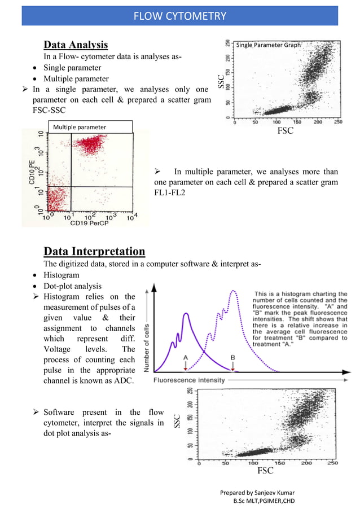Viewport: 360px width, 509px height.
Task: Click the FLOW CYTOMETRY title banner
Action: tap(179, 15)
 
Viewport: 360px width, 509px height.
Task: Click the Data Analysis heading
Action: tap(76, 45)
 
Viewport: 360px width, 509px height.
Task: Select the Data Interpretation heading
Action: tap(94, 251)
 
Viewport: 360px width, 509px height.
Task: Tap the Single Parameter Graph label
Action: tap(268, 45)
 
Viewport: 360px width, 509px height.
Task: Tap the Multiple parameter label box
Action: tap(90, 128)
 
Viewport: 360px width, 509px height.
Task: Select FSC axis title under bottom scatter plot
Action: tap(265, 470)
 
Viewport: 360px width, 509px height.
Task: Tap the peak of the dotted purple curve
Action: tap(233, 291)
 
